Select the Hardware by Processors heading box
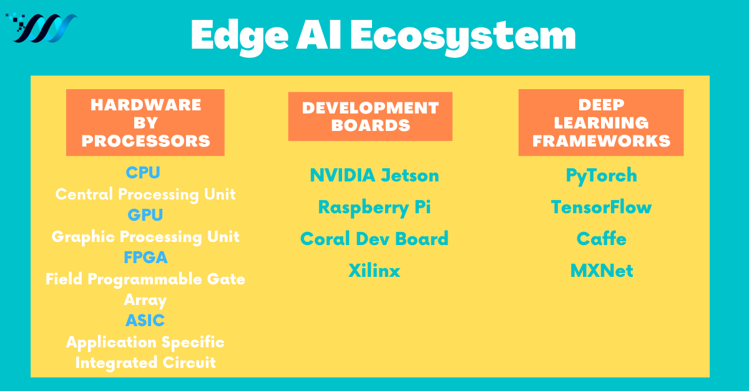pos(145,122)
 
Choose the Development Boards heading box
pos(370,116)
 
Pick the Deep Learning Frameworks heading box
pos(601,122)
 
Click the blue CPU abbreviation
pos(143,173)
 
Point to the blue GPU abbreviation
pos(145,215)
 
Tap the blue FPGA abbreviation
pos(145,258)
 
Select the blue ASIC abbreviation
pos(145,321)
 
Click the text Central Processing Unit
pos(145,194)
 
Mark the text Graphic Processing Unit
pos(145,236)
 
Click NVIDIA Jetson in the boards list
pos(374,175)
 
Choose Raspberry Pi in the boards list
pos(374,207)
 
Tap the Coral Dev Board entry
pos(374,239)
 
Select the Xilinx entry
pos(374,271)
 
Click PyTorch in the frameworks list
pos(601,175)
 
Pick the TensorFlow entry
pos(601,207)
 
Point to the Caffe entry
pos(601,239)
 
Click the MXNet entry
pos(601,271)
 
